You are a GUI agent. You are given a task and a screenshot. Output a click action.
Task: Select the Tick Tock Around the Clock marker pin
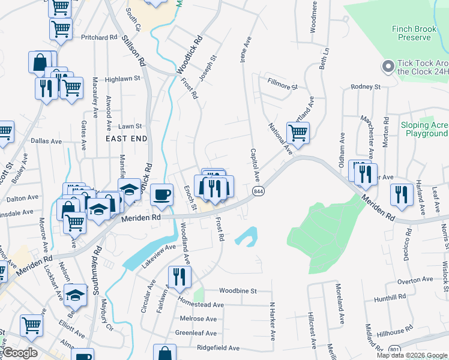click(x=387, y=65)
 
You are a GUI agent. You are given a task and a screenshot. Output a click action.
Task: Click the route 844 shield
click(x=258, y=191)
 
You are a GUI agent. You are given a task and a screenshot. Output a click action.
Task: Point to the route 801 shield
click(x=394, y=350)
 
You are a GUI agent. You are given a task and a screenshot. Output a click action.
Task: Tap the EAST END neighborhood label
click(x=126, y=138)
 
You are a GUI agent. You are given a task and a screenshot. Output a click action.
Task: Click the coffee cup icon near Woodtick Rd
click(x=161, y=194)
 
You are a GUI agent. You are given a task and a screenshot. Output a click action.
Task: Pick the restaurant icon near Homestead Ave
click(x=179, y=277)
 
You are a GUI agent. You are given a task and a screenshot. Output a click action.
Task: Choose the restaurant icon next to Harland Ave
click(x=400, y=194)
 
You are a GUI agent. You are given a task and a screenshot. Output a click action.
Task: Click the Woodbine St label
click(x=238, y=290)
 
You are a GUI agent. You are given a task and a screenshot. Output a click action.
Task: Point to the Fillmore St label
click(x=283, y=87)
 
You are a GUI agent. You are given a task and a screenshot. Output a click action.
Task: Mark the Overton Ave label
click(x=415, y=280)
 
